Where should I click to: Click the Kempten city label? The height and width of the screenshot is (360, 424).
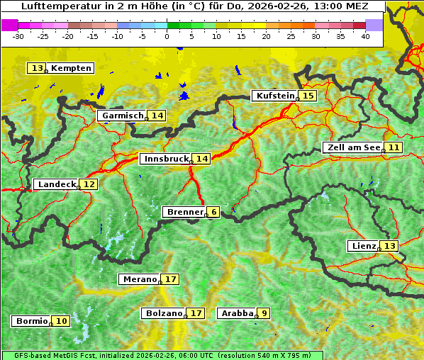click(x=71, y=68)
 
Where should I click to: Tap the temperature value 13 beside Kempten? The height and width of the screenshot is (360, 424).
click(x=37, y=68)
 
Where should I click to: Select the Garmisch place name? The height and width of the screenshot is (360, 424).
click(x=123, y=116)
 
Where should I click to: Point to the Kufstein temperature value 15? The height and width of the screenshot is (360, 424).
click(x=307, y=96)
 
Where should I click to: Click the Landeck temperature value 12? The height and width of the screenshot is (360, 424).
click(x=89, y=184)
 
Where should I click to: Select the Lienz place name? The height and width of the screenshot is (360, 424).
click(x=363, y=246)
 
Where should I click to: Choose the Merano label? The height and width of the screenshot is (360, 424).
click(x=139, y=279)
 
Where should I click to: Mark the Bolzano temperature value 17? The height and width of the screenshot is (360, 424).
click(x=196, y=313)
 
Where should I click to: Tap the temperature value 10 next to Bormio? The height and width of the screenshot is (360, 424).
click(x=62, y=321)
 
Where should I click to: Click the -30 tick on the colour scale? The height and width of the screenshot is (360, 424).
click(x=18, y=36)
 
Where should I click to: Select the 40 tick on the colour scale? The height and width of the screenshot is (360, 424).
click(x=365, y=36)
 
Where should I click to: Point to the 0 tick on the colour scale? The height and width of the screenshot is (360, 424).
click(x=167, y=36)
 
